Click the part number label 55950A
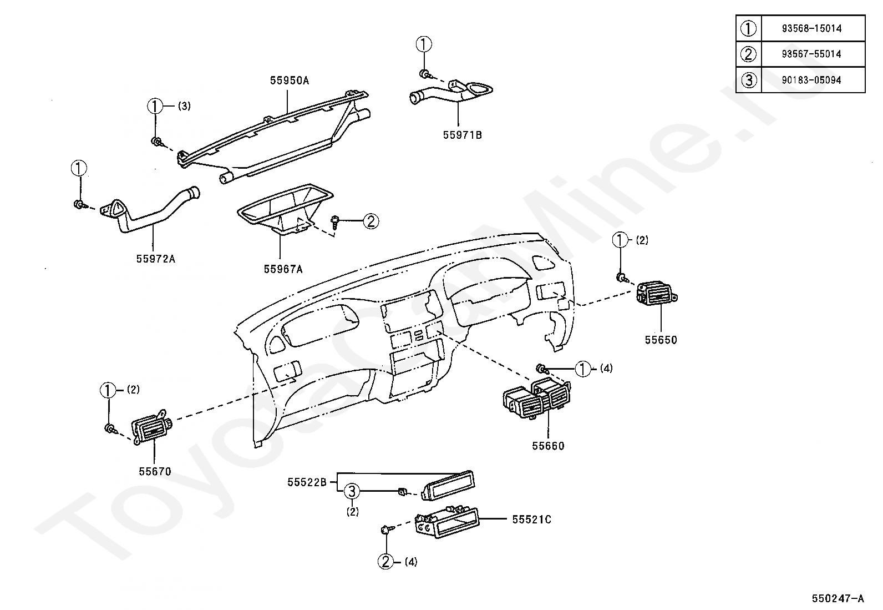point(289,80)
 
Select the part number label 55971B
point(462,135)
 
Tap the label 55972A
point(155,258)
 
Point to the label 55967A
point(283,269)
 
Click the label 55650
point(661,340)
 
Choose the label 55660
point(548,446)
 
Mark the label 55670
point(155,472)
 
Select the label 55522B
point(307,482)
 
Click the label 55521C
point(531,520)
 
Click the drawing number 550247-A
point(838,598)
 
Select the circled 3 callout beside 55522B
point(353,491)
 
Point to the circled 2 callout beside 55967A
point(371,221)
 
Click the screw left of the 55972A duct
point(79,205)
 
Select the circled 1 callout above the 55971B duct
point(424,44)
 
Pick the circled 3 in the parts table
point(749,80)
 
